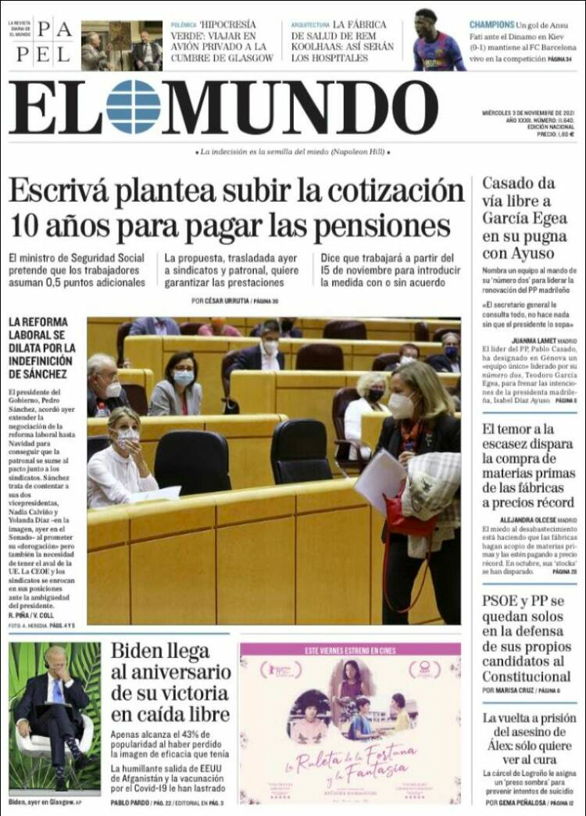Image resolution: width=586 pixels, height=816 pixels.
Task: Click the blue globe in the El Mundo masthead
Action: [133, 107]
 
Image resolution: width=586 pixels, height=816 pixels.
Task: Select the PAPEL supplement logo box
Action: [44, 43]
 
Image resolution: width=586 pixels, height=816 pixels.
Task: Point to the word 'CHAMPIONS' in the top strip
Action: [492, 25]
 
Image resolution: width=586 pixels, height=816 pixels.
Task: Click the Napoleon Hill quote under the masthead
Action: [292, 152]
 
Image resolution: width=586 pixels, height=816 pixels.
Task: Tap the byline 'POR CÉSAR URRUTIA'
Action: [219, 301]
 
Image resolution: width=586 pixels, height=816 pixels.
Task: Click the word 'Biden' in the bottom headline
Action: [138, 652]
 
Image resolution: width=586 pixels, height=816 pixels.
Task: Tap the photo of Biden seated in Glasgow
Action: [55, 716]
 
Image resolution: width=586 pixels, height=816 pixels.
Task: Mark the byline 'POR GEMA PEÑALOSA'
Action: [514, 803]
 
